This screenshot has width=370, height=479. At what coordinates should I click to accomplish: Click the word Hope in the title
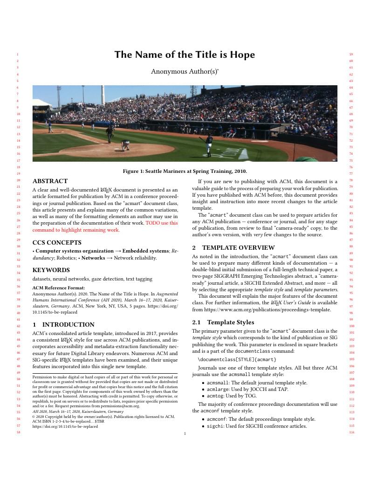[x=241, y=55]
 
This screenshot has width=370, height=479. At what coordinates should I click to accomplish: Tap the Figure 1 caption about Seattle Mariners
[x=185, y=171]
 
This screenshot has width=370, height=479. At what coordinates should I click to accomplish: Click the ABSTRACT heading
[x=50, y=181]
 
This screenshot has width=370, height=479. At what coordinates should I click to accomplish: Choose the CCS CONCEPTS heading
[x=57, y=242]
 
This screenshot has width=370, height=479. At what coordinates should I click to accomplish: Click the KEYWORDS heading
[x=51, y=270]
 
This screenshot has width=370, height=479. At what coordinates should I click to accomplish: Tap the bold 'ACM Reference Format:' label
[x=59, y=287]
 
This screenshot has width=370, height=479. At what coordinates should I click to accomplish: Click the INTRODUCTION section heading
[x=68, y=324]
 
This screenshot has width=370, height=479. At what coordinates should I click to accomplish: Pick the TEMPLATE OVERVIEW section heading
[x=238, y=247]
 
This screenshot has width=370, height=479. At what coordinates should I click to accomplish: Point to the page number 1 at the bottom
[x=185, y=434]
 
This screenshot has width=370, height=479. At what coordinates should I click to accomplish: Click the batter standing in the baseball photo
[x=209, y=144]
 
